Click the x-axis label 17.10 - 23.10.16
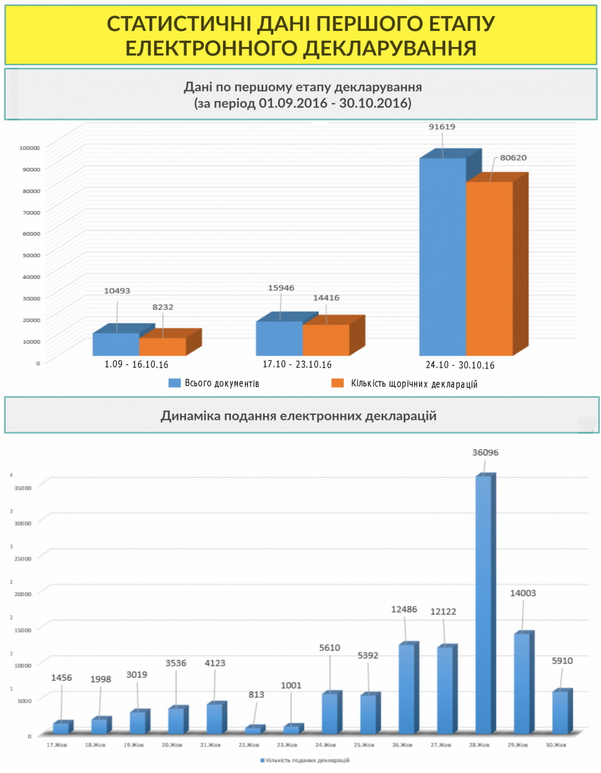[x=297, y=364]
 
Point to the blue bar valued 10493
[x=116, y=344]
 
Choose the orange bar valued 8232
[x=162, y=347]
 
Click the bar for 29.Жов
[x=522, y=683]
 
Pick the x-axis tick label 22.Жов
[x=249, y=745]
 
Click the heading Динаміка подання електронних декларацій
[x=298, y=416]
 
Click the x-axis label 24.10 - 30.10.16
[x=460, y=365]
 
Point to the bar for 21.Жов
[x=215, y=718]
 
